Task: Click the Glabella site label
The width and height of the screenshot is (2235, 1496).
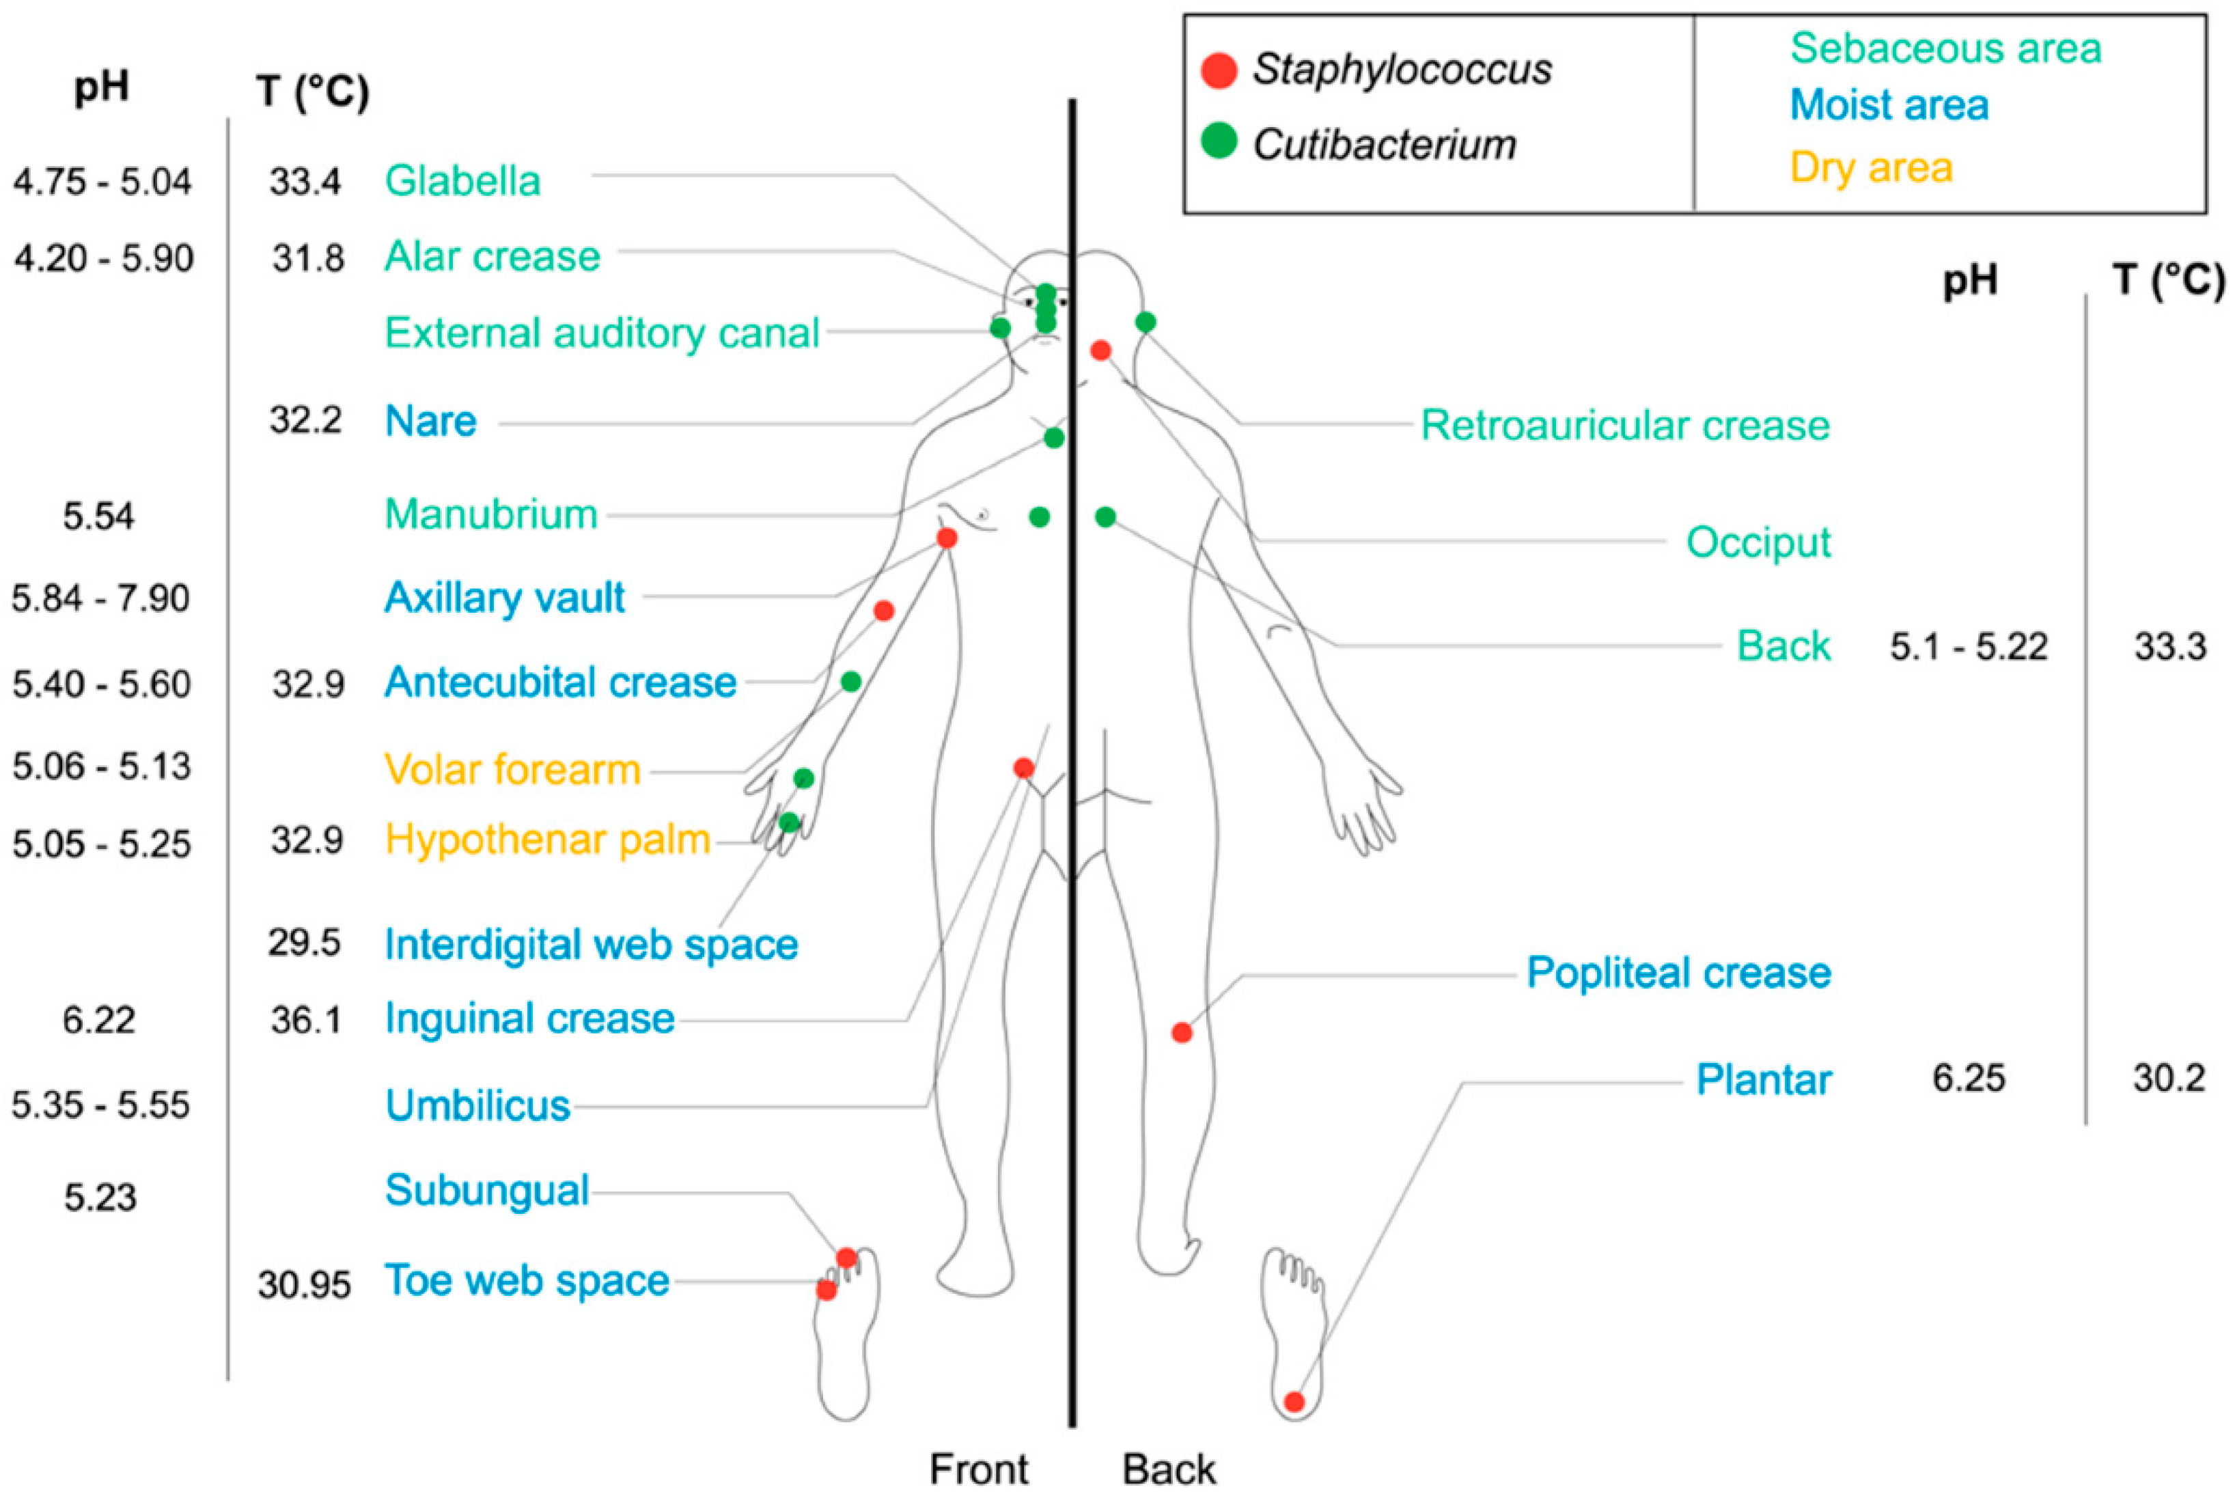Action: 462,180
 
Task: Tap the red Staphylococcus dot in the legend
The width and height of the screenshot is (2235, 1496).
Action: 1218,70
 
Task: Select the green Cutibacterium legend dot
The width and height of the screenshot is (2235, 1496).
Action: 1218,142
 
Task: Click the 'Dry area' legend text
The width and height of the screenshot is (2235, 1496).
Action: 1871,168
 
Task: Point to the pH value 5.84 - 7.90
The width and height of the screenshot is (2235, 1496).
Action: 101,598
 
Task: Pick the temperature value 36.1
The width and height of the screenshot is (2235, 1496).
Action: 305,1020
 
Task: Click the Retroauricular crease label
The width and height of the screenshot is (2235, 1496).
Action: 1624,426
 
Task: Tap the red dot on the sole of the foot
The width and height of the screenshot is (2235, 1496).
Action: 1294,1402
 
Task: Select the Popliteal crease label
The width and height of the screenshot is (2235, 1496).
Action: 1678,972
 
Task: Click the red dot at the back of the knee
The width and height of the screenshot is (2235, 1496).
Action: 1182,1032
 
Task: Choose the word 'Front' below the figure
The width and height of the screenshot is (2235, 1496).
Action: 979,1469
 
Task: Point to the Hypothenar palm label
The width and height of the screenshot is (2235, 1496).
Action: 548,840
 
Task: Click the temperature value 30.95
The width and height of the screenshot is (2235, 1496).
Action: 304,1284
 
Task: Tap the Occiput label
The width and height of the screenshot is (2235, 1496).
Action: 1758,542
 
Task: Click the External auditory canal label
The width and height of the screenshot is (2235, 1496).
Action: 602,333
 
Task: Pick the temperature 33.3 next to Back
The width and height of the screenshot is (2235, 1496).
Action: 2170,647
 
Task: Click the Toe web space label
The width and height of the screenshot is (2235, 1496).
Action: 527,1280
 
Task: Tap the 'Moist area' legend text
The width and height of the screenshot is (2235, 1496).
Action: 1889,105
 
